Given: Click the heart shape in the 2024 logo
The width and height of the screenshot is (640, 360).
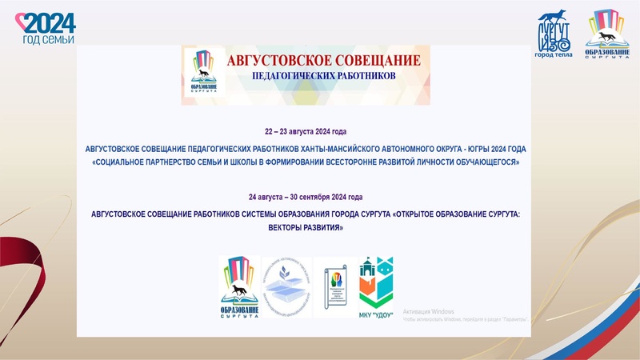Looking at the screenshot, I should click(26, 21).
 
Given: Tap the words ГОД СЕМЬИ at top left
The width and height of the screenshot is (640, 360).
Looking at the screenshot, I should click(47, 39).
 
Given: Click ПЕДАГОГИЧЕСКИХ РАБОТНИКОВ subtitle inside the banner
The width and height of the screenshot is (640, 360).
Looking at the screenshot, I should click(323, 78).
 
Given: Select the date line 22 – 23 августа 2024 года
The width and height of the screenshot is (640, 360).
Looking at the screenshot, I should click(306, 130).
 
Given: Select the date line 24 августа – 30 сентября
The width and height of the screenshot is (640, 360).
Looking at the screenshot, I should click(306, 197).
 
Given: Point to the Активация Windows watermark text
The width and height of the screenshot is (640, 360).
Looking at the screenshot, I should click(430, 310).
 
